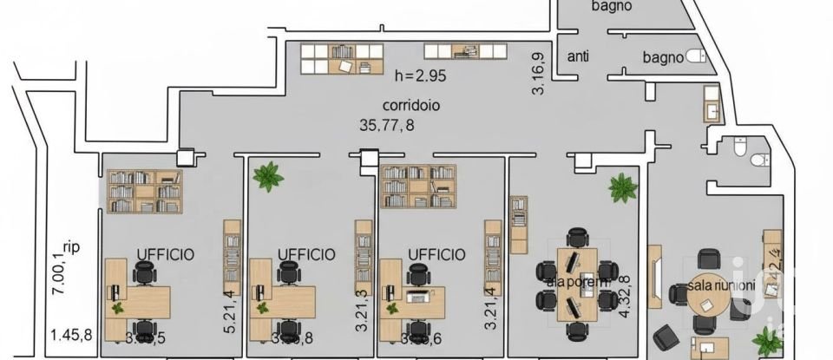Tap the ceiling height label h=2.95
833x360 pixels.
(x=418, y=76)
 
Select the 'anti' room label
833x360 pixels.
(x=578, y=57)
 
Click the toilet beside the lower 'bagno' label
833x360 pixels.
(x=695, y=57)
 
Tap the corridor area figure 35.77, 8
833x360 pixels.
(x=386, y=125)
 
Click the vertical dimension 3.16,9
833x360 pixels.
(x=538, y=74)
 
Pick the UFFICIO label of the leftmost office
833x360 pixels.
(x=165, y=254)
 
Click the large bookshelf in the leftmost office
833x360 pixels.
(x=144, y=191)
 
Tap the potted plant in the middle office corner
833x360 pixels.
(x=267, y=177)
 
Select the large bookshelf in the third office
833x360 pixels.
(x=419, y=187)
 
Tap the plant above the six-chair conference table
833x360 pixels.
(x=622, y=187)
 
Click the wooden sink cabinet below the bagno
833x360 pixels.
(x=711, y=103)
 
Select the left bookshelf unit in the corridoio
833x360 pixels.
(x=342, y=59)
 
